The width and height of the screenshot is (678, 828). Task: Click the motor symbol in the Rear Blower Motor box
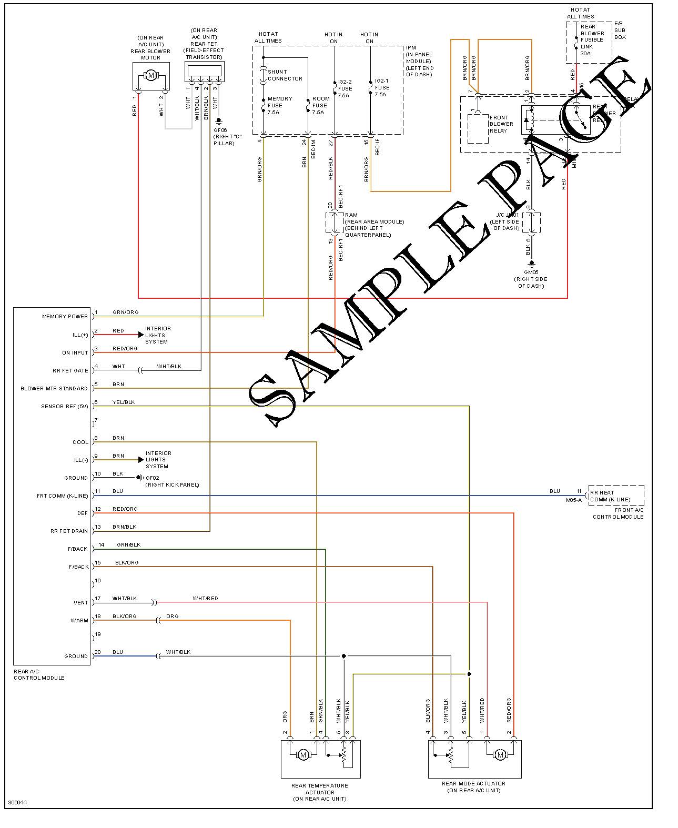coord(151,75)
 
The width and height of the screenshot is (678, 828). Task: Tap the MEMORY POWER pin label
coord(65,317)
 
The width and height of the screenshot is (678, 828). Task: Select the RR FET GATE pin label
coord(70,371)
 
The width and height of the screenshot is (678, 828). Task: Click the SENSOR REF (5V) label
coord(64,407)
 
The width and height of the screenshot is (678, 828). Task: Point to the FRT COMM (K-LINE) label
coord(62,496)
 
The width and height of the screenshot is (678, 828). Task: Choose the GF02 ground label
coord(153,478)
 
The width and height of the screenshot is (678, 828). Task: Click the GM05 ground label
coord(531,272)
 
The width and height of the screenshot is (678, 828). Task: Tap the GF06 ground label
coord(220,130)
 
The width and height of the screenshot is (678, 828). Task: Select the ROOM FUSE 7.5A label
coord(320,105)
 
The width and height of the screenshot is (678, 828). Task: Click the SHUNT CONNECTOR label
coord(285,75)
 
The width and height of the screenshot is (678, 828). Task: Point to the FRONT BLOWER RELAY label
coord(501,124)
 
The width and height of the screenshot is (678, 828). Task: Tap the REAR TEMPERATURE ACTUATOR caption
coord(320,792)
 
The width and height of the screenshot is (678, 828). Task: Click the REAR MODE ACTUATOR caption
coord(473,787)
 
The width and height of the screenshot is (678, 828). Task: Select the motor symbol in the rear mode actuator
coord(500,755)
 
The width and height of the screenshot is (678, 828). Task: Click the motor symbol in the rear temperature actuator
coord(302,755)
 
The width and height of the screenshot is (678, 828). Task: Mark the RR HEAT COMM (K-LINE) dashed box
coord(615,495)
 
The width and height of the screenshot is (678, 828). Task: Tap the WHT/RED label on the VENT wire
coord(205,599)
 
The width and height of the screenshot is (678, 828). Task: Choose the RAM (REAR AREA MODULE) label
coord(373,225)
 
